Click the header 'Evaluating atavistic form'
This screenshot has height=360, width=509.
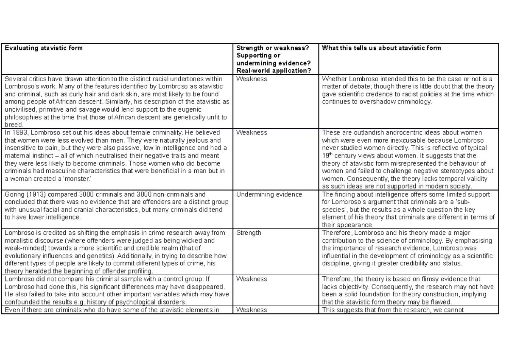[x=43, y=48]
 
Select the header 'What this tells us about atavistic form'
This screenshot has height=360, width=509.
[x=381, y=48]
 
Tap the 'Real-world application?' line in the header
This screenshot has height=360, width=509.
[x=274, y=71]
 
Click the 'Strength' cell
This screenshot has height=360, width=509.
[x=249, y=233]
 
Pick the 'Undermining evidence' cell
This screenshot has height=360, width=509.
[x=269, y=194]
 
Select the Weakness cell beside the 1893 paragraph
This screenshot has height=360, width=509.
[x=252, y=132]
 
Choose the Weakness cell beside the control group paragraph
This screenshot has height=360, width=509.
[x=252, y=279]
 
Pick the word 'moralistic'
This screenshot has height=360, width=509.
[x=17, y=240]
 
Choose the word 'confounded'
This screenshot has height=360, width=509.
[x=19, y=302]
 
